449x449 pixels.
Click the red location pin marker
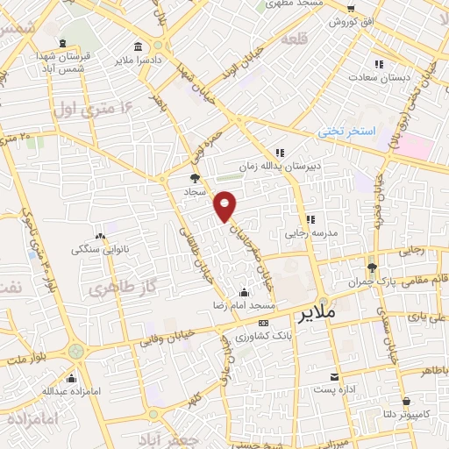point(225,205)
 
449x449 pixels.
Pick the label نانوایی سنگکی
point(99,248)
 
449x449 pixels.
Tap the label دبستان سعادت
point(379,78)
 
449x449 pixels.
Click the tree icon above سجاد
point(195,177)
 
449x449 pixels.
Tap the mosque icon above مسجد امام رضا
point(244,292)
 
